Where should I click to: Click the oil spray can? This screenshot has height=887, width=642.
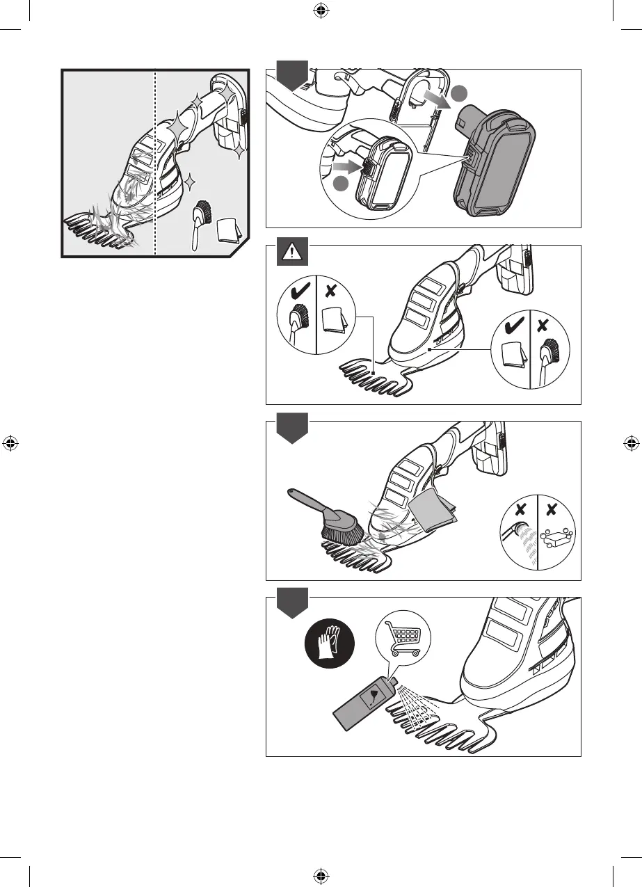(362, 710)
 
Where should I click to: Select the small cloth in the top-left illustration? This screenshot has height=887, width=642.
(230, 230)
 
